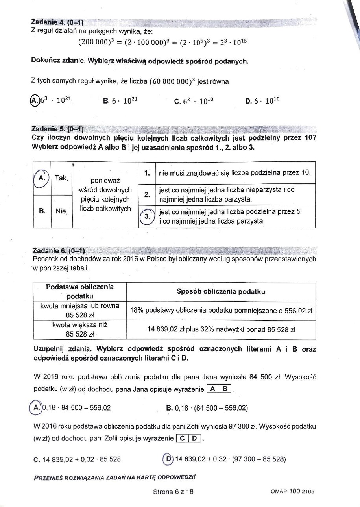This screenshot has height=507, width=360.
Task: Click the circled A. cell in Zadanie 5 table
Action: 41,178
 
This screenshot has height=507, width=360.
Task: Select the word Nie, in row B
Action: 62,211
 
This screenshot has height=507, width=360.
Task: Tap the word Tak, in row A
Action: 62,178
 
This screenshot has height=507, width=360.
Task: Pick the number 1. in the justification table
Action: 146,172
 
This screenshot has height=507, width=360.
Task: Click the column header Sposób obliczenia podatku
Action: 221,291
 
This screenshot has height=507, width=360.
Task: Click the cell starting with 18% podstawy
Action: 221,311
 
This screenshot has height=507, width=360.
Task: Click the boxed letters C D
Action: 189,438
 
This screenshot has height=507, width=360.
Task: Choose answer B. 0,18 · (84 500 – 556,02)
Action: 207,408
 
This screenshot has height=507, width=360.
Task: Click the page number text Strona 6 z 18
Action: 174,492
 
